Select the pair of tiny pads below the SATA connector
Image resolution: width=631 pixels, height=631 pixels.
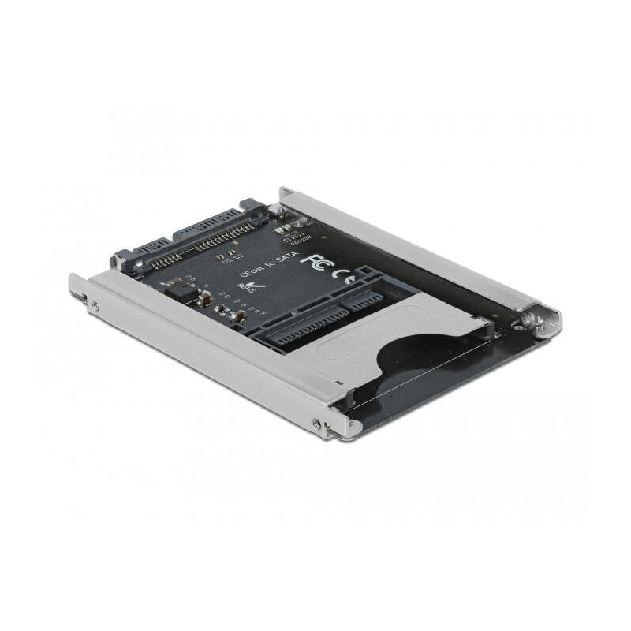(x=228, y=255)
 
